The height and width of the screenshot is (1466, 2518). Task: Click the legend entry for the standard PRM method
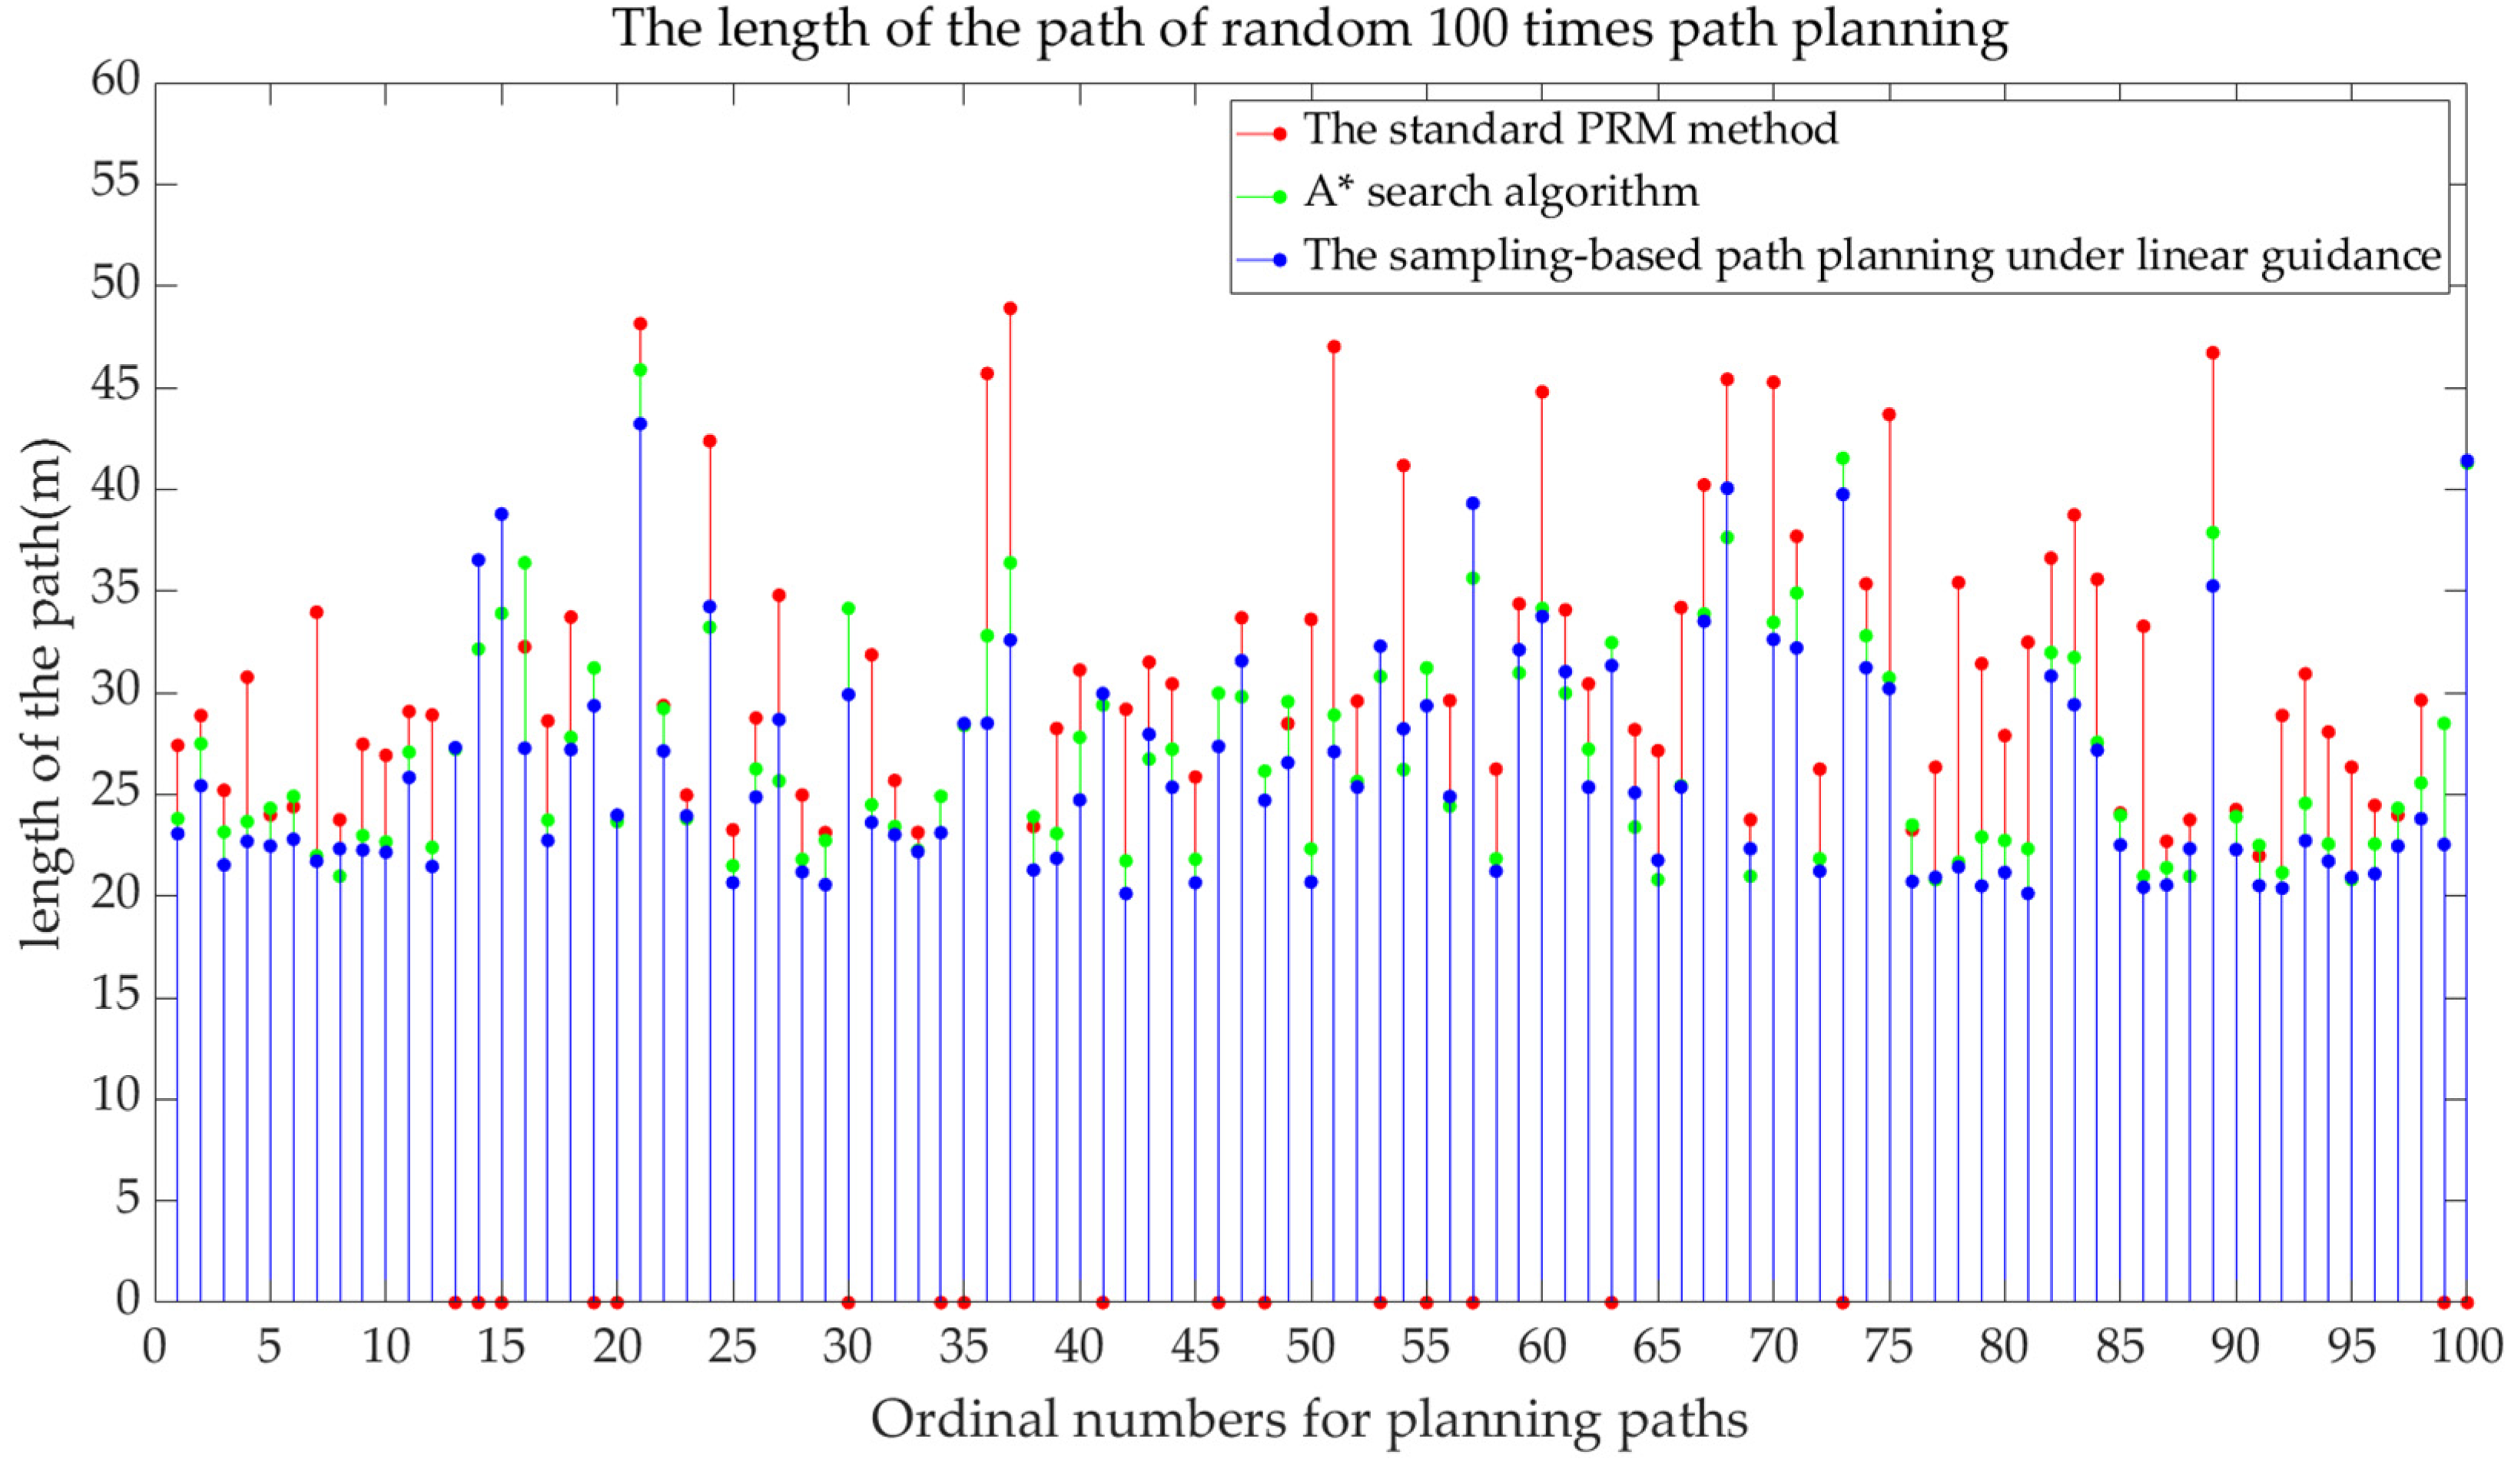click(x=1570, y=130)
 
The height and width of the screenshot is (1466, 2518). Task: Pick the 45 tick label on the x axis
click(x=1195, y=1347)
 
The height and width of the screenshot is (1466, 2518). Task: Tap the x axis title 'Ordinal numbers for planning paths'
click(x=1309, y=1419)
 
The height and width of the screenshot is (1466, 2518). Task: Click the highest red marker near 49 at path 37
click(x=1010, y=308)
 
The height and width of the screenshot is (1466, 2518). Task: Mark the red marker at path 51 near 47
click(x=1334, y=347)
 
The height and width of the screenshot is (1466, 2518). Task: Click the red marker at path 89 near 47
click(x=2212, y=353)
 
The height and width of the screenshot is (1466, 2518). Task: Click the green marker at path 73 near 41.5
click(x=1843, y=458)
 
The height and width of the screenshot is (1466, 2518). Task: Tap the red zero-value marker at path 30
click(x=848, y=1302)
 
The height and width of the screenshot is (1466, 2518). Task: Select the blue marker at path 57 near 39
click(x=1473, y=502)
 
